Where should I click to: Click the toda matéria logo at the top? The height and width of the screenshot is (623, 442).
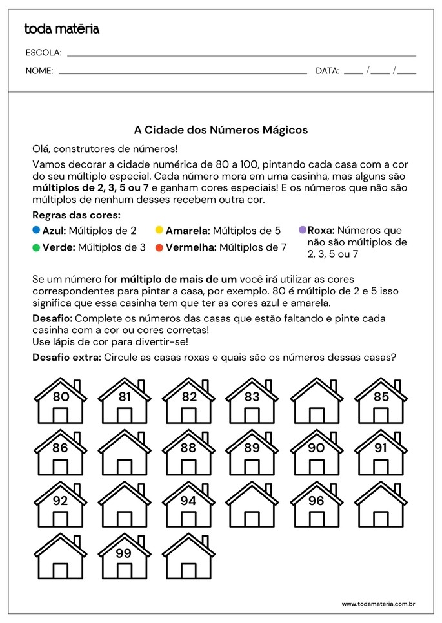click(61, 28)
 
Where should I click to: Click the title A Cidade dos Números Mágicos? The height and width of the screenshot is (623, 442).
click(221, 130)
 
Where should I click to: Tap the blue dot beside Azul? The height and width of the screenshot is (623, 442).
click(36, 229)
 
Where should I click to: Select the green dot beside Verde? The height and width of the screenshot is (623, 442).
click(36, 247)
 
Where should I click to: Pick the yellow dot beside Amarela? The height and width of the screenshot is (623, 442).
click(159, 229)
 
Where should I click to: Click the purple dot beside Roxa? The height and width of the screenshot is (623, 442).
click(302, 229)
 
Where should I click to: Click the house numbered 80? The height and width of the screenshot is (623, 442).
click(61, 402)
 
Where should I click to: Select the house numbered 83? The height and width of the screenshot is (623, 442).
click(252, 402)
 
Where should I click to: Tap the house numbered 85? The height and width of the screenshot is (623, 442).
click(381, 402)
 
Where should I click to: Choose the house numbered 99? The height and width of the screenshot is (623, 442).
click(125, 557)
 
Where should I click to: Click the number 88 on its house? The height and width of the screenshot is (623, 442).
click(188, 448)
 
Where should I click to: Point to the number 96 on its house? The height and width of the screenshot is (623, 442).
click(316, 500)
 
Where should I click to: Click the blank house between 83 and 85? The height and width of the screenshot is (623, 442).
click(316, 402)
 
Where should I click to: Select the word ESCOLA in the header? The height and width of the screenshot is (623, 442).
click(43, 53)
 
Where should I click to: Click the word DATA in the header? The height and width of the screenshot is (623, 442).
click(327, 71)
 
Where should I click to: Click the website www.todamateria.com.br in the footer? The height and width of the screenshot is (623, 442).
click(377, 604)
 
